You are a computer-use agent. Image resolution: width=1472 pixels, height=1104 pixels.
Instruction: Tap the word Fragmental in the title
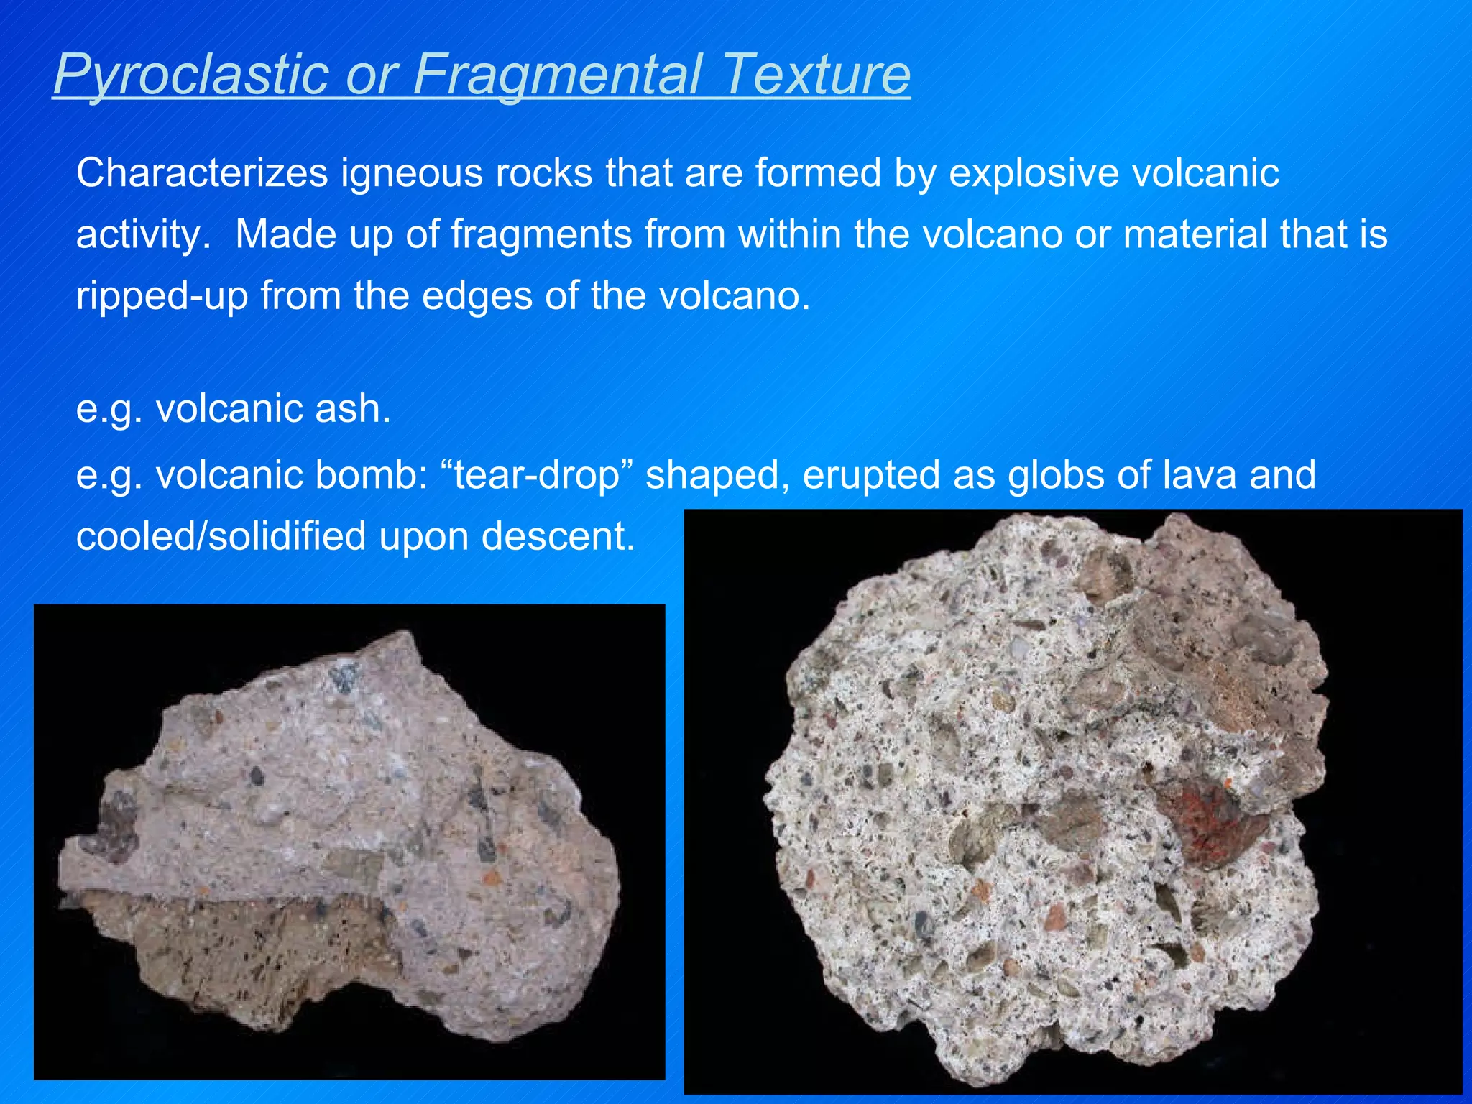(557, 75)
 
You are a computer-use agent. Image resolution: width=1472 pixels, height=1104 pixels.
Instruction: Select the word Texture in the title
(817, 75)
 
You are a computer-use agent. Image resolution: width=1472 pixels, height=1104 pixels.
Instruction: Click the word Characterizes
(202, 173)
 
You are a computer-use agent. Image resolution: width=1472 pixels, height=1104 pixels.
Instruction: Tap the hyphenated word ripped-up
(162, 295)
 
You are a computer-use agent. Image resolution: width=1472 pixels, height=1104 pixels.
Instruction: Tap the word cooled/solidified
(221, 536)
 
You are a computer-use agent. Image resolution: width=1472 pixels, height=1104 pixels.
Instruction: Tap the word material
(1193, 234)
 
